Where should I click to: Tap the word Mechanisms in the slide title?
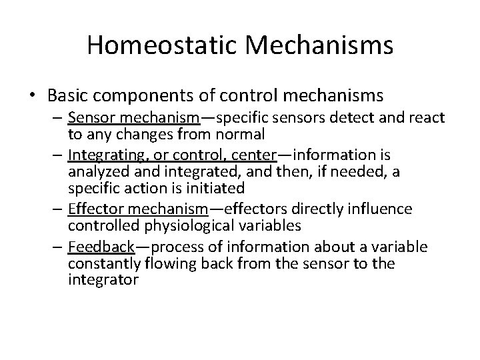pos(322,45)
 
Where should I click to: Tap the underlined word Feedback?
pos(101,247)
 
